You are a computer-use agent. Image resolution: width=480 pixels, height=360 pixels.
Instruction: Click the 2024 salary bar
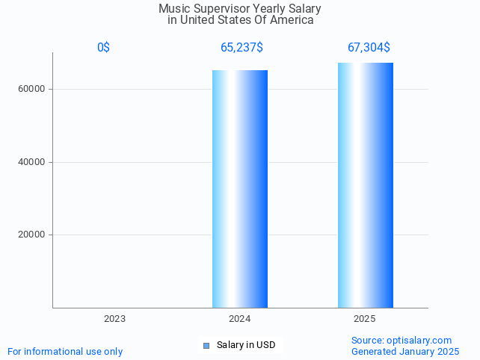pos(240,189)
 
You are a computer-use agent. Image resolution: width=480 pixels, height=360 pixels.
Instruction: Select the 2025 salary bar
pos(365,185)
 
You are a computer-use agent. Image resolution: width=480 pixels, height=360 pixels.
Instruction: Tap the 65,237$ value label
pos(241,48)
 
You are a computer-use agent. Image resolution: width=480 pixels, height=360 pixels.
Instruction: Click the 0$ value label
pos(103,48)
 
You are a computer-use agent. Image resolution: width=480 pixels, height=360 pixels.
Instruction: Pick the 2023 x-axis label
pos(114,319)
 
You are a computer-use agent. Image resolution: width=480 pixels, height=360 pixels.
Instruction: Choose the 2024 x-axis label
pos(240,319)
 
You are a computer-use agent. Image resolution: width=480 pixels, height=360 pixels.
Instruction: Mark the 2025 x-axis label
pos(365,319)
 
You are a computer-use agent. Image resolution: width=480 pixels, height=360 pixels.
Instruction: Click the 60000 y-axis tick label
pos(33,89)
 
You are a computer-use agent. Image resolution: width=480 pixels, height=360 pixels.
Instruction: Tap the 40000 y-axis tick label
pos(33,162)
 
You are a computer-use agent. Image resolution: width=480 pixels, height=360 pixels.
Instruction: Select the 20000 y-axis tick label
pos(33,235)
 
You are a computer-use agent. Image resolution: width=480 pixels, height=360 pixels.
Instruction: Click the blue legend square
pos(206,345)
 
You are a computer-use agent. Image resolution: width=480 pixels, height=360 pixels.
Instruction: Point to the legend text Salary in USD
pos(246,345)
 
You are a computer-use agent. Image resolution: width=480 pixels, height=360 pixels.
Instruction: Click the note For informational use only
pos(65,352)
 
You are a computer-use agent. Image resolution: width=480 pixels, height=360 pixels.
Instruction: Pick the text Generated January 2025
pos(405,352)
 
